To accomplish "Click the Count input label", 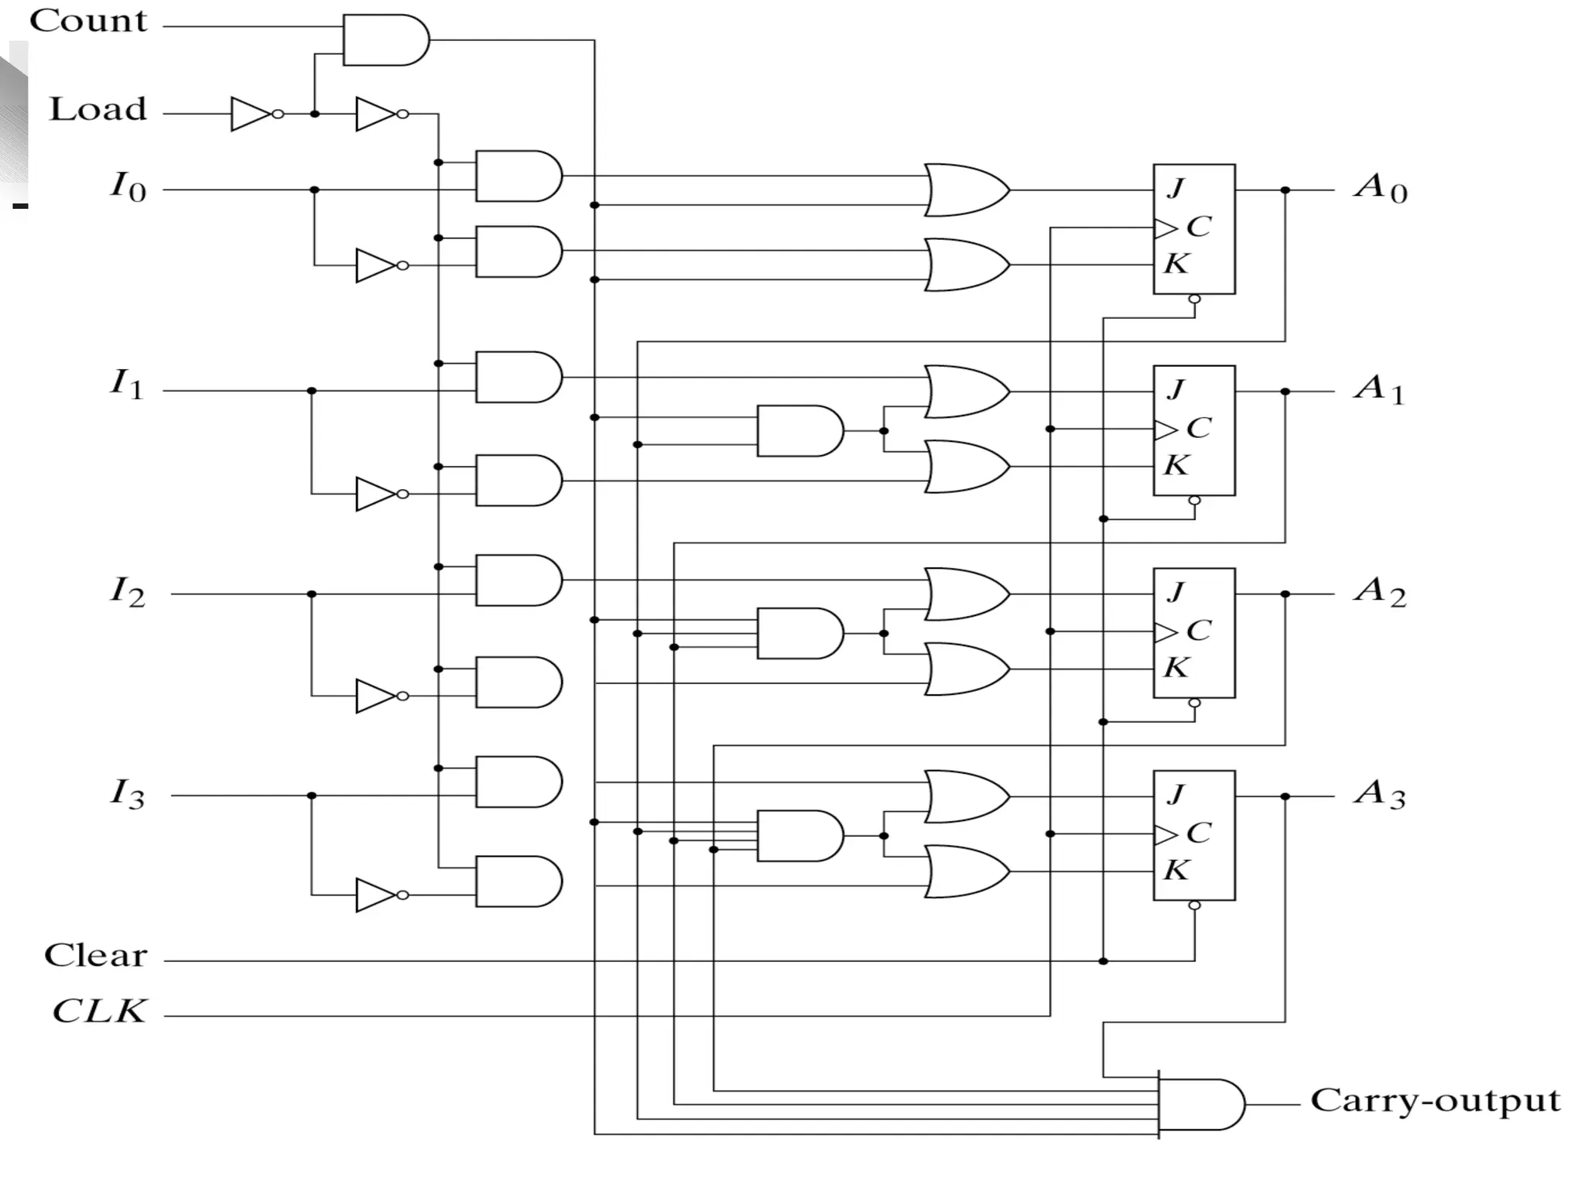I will tap(87, 21).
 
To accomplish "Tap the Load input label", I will tap(98, 109).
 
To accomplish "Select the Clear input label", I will tap(95, 955).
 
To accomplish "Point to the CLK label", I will tap(99, 1011).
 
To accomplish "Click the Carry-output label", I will tap(1435, 1100).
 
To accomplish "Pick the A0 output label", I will tap(1380, 187).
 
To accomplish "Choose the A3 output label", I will tap(1379, 794).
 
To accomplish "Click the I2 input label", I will tap(127, 592).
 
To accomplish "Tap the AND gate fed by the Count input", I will tap(385, 39).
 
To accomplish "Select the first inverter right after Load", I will tap(252, 114).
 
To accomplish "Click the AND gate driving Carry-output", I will tap(1200, 1104).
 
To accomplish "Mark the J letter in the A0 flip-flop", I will tap(1176, 187).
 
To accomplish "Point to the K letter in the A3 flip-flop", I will tap(1176, 870).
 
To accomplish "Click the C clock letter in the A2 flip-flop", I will tap(1198, 631).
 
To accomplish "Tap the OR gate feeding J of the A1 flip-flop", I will tap(966, 392).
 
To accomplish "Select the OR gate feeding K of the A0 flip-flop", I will tap(966, 265).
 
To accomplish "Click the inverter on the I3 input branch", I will tap(377, 895).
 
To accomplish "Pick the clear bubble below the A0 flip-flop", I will tap(1194, 299).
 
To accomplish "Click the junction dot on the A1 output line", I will tap(1285, 392).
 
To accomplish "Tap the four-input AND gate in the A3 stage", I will tap(799, 836).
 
